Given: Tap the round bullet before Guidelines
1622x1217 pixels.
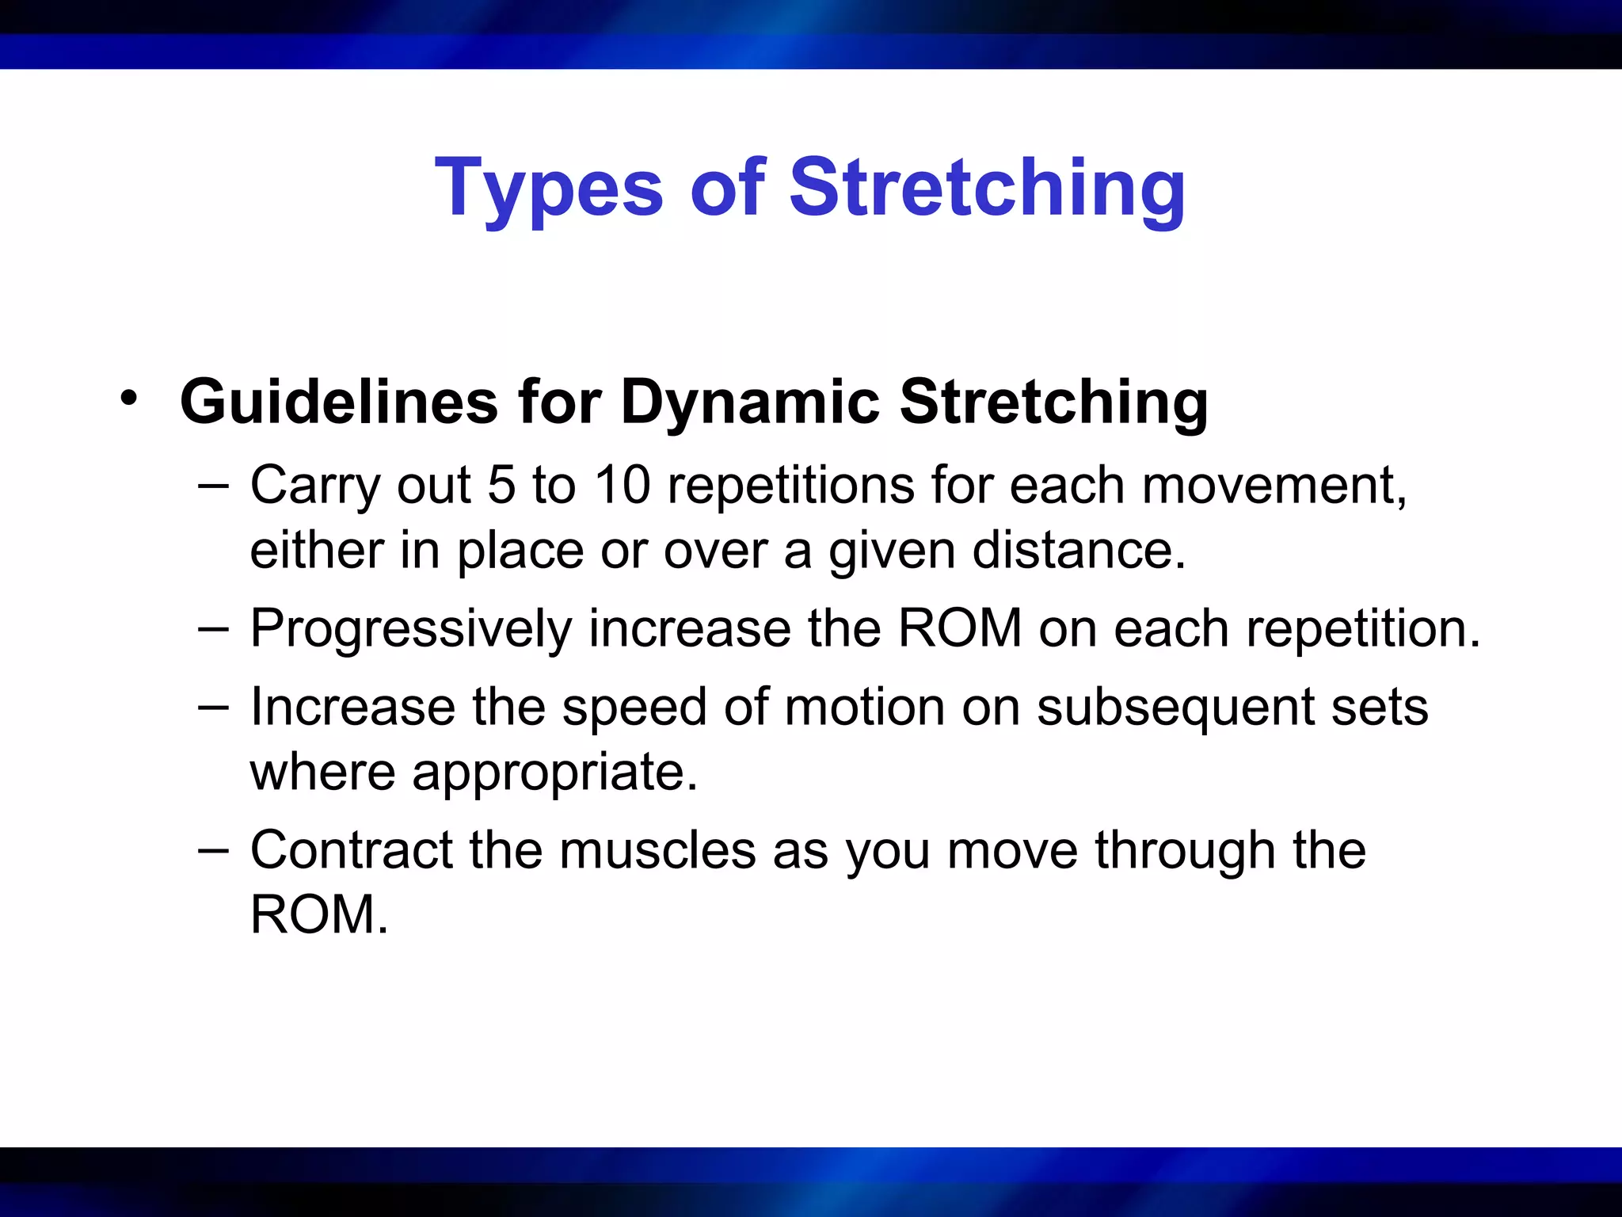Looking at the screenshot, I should (128, 398).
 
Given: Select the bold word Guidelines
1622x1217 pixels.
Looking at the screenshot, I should (339, 402).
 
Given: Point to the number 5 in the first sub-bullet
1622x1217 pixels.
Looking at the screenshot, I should (501, 485).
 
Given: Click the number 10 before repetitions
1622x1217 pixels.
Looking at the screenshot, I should (623, 485).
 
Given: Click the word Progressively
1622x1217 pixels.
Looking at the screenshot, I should (411, 630).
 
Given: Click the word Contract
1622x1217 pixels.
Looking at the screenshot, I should (351, 850).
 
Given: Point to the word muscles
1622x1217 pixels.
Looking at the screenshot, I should (657, 850).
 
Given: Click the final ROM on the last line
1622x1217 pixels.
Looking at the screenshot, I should (314, 915).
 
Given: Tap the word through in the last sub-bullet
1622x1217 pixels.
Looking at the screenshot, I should (1185, 850).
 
